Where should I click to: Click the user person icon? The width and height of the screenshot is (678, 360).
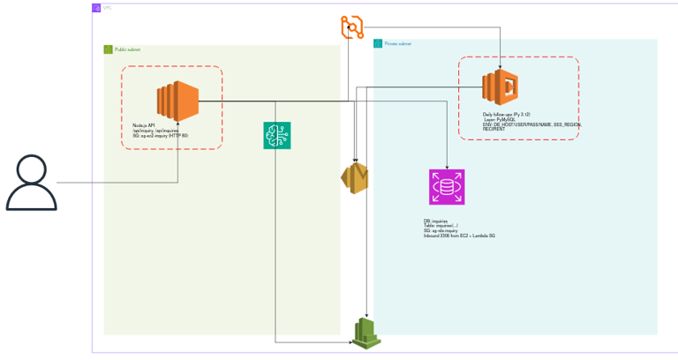click(32, 183)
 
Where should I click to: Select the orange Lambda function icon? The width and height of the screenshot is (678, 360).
click(500, 89)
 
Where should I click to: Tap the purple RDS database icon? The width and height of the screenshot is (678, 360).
click(447, 187)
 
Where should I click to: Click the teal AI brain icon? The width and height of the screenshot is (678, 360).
click(277, 135)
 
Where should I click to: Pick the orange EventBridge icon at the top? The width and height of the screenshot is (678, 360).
click(352, 27)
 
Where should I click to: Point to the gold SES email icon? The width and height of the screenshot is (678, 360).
click(355, 178)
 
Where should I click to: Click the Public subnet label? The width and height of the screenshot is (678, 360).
click(127, 49)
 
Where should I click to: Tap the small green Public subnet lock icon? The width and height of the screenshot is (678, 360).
click(109, 49)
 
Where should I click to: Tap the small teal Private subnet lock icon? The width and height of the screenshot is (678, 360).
click(378, 43)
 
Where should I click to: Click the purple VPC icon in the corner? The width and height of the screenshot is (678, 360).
click(96, 8)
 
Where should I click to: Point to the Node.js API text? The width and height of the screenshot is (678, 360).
click(144, 125)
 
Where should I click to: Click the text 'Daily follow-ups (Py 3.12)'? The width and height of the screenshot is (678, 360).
click(506, 115)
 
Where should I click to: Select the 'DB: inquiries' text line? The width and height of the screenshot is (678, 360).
click(435, 221)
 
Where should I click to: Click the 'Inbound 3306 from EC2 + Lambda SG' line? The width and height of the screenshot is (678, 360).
click(457, 236)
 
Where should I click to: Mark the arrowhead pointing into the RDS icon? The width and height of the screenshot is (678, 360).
click(448, 167)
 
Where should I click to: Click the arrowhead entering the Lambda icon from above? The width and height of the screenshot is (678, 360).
click(501, 68)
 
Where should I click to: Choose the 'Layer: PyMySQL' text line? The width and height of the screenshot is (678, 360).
click(501, 120)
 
